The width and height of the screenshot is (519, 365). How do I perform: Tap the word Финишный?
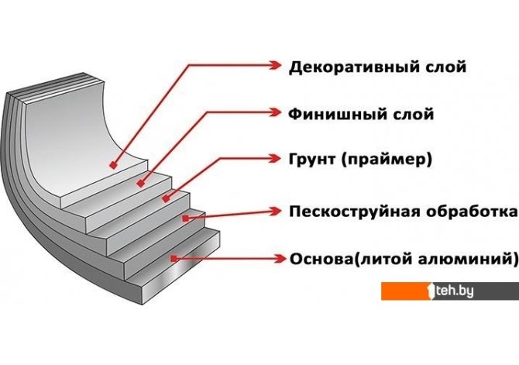coord(335,114)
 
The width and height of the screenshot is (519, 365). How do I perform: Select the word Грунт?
coord(311,159)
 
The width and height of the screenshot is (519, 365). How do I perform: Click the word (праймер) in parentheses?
coord(387,160)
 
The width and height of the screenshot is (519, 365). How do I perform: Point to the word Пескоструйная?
coord(354,212)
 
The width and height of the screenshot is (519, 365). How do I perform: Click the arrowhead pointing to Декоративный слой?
coord(276,65)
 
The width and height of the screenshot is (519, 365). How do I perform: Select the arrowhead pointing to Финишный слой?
coord(276,112)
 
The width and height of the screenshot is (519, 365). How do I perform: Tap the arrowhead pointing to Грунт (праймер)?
coord(276,158)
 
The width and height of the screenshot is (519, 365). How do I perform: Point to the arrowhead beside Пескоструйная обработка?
coord(276,211)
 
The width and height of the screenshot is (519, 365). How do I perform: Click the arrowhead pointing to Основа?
coord(280,258)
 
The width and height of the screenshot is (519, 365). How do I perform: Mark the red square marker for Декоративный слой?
coord(114,165)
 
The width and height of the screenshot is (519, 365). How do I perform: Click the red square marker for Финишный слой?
coord(141,183)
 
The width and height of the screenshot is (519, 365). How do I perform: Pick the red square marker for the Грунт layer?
coord(166,198)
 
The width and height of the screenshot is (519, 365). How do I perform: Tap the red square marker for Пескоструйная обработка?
coord(185,218)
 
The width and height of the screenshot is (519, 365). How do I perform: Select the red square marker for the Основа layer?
coord(174,258)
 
